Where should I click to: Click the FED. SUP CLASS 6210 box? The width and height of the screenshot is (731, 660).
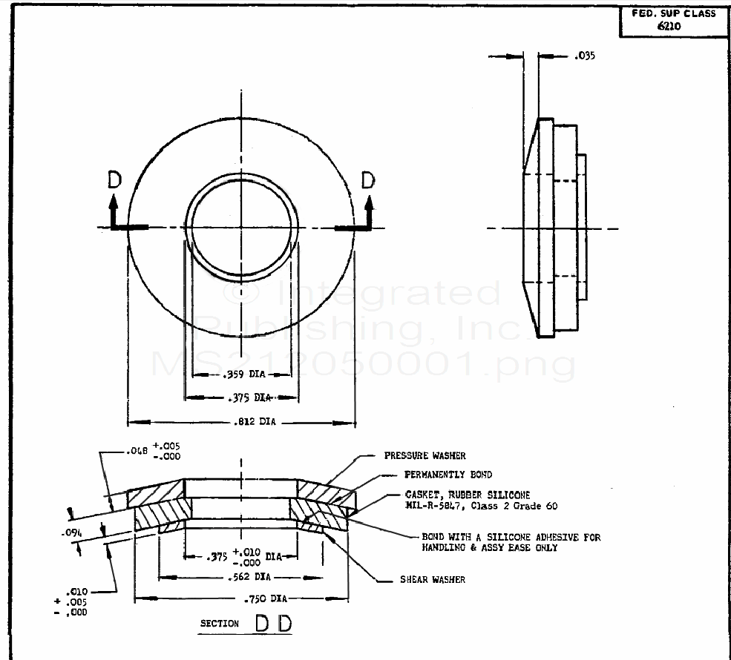[x=674, y=19]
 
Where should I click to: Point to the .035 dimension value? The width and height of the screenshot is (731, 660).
[x=585, y=56]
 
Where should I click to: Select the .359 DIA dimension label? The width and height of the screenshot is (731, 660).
[x=241, y=374]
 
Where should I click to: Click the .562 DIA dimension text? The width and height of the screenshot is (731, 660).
[x=241, y=576]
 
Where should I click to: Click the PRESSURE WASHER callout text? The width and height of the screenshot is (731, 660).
[x=425, y=455]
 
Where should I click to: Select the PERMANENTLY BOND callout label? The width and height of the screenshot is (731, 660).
[x=448, y=475]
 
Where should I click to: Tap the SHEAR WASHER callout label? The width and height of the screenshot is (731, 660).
[x=433, y=579]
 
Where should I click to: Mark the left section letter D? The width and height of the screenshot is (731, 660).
[x=114, y=179]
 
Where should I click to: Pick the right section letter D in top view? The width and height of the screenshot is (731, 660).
[x=369, y=179]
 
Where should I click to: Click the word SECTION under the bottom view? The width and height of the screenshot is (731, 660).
[x=220, y=624]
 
